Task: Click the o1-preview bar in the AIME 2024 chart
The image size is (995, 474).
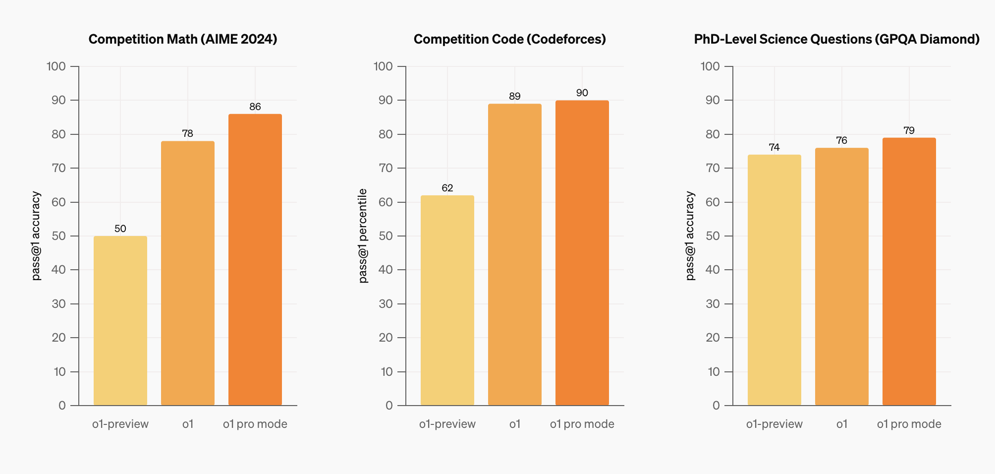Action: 120,320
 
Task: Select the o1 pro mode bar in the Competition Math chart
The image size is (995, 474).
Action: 255,260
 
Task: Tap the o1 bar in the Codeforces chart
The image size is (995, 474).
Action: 515,254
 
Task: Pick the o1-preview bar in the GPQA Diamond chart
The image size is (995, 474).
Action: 774,280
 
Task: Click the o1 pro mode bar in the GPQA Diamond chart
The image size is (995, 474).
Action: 909,272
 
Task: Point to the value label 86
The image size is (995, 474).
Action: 255,107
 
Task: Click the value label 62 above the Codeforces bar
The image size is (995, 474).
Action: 447,188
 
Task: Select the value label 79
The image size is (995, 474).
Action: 909,130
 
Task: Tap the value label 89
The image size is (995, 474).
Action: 515,96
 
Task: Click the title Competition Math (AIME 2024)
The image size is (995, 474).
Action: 183,39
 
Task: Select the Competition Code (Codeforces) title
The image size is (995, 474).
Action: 510,39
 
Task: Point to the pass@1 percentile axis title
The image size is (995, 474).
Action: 363,236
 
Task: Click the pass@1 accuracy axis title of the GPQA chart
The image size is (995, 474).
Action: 690,236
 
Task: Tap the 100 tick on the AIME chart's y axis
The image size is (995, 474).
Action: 56,66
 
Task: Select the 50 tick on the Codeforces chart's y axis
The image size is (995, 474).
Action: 386,236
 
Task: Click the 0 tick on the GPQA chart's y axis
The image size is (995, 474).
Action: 716,406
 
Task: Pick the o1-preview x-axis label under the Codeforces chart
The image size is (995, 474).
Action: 447,424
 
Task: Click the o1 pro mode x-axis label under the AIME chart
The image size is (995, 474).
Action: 255,424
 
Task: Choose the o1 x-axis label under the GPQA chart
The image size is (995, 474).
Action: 842,424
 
